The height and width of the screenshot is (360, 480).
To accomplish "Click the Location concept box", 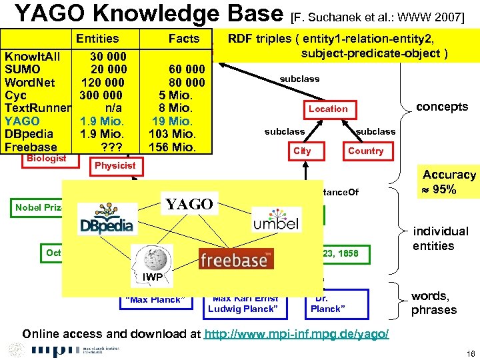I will [x=328, y=109].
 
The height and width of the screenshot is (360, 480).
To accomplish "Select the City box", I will [x=302, y=151].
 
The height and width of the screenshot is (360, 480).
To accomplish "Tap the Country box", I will [x=365, y=151].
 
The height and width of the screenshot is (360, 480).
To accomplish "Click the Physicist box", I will [x=115, y=165].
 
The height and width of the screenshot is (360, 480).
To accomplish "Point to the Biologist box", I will [x=46, y=159].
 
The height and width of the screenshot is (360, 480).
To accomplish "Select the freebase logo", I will [x=237, y=259].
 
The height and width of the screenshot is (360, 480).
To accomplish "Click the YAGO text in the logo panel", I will [x=189, y=204].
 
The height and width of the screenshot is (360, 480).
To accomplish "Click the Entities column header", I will [x=97, y=39].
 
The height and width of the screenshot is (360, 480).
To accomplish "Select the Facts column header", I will [x=183, y=39].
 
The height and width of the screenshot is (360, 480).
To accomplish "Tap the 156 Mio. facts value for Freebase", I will [x=171, y=147].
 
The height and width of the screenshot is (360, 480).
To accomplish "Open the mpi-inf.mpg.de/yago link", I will [x=297, y=333].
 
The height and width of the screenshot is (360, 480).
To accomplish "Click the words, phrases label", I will [x=434, y=303].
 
